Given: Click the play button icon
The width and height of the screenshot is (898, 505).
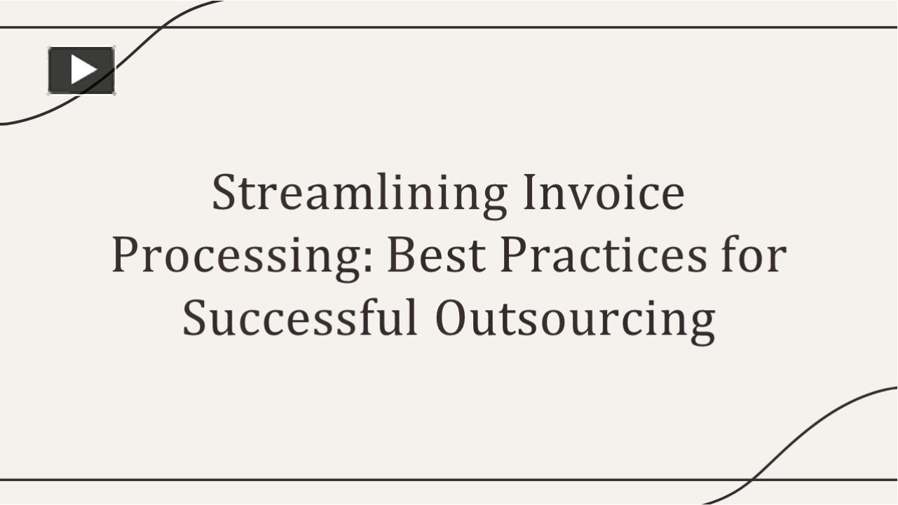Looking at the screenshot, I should point(81,70).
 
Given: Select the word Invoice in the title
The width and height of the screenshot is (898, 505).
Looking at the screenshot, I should point(603,194).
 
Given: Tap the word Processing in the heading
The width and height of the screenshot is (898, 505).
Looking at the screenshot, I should point(238,257).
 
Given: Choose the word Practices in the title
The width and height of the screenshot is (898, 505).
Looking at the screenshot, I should point(604,255).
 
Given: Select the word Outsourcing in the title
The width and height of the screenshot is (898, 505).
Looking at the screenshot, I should point(575,318).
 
